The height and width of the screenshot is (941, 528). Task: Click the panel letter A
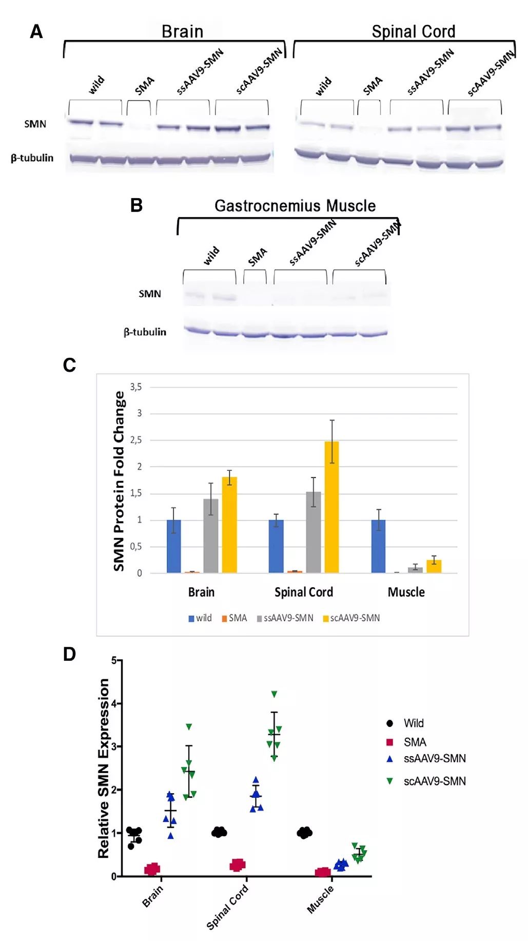tap(36, 32)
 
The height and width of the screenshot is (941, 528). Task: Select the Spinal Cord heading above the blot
tap(413, 32)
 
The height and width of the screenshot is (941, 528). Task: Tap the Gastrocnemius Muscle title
tap(295, 206)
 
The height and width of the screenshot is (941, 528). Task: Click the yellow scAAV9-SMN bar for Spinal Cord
tap(331, 507)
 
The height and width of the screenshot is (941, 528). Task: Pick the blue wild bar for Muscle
tap(378, 546)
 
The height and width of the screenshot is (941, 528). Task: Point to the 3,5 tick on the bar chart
tap(136, 387)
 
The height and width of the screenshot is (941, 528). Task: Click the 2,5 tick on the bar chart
tap(136, 440)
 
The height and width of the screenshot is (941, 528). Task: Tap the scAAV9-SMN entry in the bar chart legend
tap(351, 618)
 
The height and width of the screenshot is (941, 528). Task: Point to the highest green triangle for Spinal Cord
tap(274, 694)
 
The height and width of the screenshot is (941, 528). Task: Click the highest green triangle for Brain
tap(189, 726)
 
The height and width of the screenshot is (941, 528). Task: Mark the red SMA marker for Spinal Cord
tap(237, 865)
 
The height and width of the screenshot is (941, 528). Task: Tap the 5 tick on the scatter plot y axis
tap(114, 661)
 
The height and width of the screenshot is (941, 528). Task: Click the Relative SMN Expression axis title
tap(104, 768)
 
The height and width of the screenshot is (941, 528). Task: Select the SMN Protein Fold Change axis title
tap(119, 481)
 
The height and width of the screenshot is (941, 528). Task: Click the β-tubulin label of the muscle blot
tap(145, 332)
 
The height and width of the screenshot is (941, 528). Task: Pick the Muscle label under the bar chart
tap(406, 592)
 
